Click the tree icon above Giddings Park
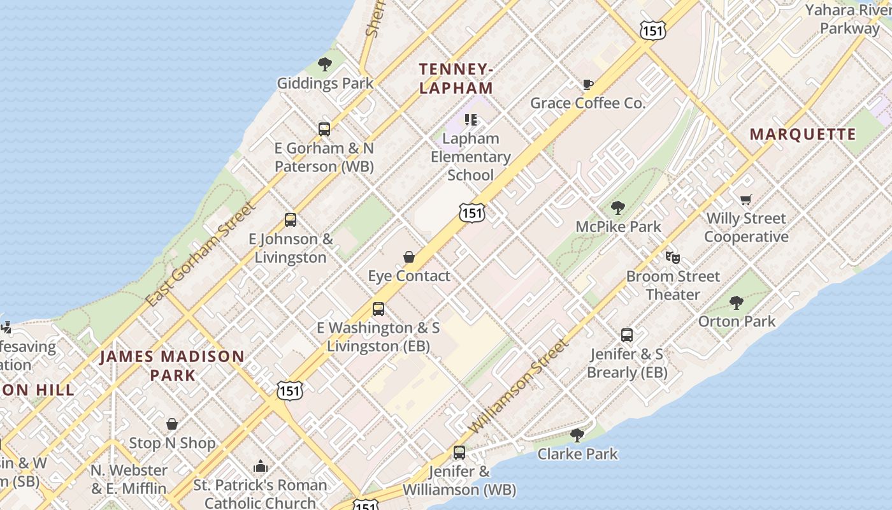[x=325, y=64]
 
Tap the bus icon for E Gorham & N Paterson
[x=324, y=129]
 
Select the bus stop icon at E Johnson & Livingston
[x=291, y=221]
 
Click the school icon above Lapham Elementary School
[x=471, y=120]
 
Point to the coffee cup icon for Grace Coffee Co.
[x=587, y=84]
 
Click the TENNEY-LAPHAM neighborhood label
[x=456, y=78]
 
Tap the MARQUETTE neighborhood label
[x=803, y=135]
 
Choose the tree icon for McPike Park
[x=617, y=208]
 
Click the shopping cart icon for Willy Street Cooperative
[x=746, y=200]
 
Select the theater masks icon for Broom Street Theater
[x=672, y=258]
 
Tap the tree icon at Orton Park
[x=737, y=303]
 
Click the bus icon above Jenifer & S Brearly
[x=627, y=335]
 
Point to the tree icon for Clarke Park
[x=577, y=435]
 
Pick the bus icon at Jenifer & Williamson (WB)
[x=459, y=453]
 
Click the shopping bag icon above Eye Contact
[x=409, y=257]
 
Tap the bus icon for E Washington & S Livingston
[x=378, y=310]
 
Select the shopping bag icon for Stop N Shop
[x=172, y=424]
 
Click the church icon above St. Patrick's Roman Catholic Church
[x=260, y=467]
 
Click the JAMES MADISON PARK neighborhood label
[x=172, y=365]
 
